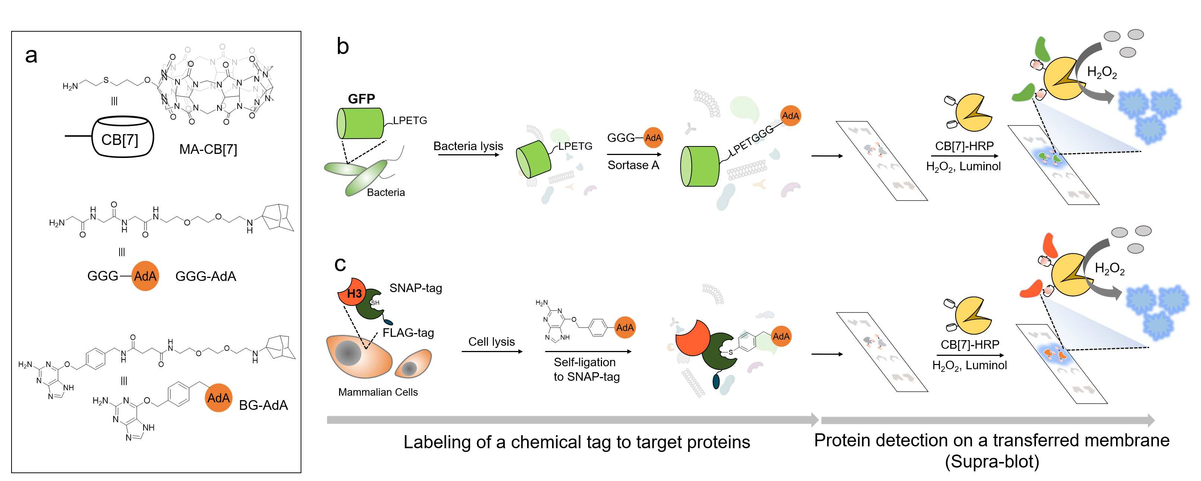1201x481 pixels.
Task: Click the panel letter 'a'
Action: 31,56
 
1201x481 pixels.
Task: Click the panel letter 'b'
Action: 343,46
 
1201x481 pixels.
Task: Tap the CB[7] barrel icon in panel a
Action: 123,137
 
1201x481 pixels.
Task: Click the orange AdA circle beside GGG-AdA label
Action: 145,276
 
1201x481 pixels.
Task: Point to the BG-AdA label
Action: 263,405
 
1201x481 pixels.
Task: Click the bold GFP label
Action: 361,99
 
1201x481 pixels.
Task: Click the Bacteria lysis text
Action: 468,146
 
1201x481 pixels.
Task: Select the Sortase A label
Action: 633,165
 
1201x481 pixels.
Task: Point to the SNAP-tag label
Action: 415,288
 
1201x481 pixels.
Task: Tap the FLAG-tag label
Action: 408,333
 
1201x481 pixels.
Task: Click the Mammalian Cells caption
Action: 378,392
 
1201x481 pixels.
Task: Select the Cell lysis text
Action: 491,342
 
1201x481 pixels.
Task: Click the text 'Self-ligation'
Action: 584,362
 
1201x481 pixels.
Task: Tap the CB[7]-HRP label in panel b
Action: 964,146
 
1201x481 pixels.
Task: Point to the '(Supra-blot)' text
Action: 992,461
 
